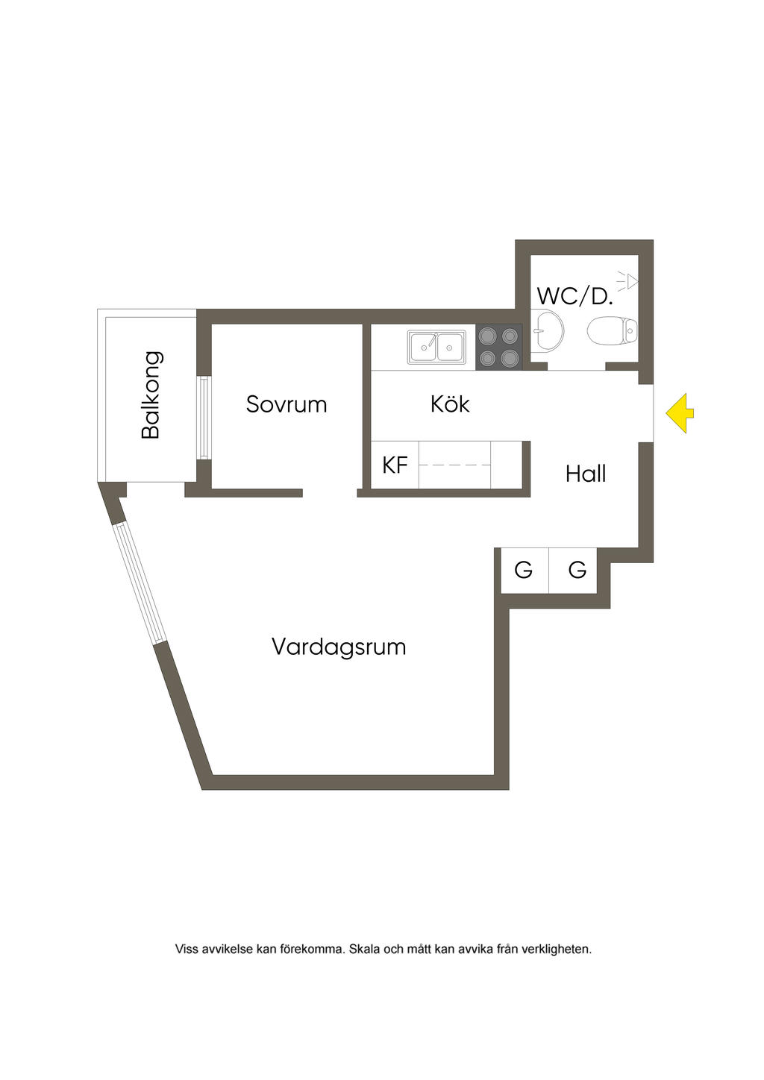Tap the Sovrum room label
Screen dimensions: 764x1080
tap(286, 404)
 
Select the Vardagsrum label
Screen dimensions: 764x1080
tap(339, 646)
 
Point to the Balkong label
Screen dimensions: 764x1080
tap(151, 395)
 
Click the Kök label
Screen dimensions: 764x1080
tap(450, 404)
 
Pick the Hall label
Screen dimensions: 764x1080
tap(586, 474)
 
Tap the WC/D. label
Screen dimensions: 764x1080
tap(574, 296)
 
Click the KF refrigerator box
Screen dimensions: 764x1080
tap(395, 465)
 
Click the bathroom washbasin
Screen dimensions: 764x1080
tap(548, 330)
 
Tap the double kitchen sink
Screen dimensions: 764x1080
tap(436, 347)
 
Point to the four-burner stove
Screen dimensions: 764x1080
tap(498, 347)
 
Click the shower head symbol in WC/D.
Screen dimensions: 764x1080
tap(630, 281)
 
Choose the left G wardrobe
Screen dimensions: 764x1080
tap(524, 571)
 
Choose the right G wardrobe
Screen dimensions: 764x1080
tap(577, 571)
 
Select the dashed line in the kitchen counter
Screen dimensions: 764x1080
tap(454, 465)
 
